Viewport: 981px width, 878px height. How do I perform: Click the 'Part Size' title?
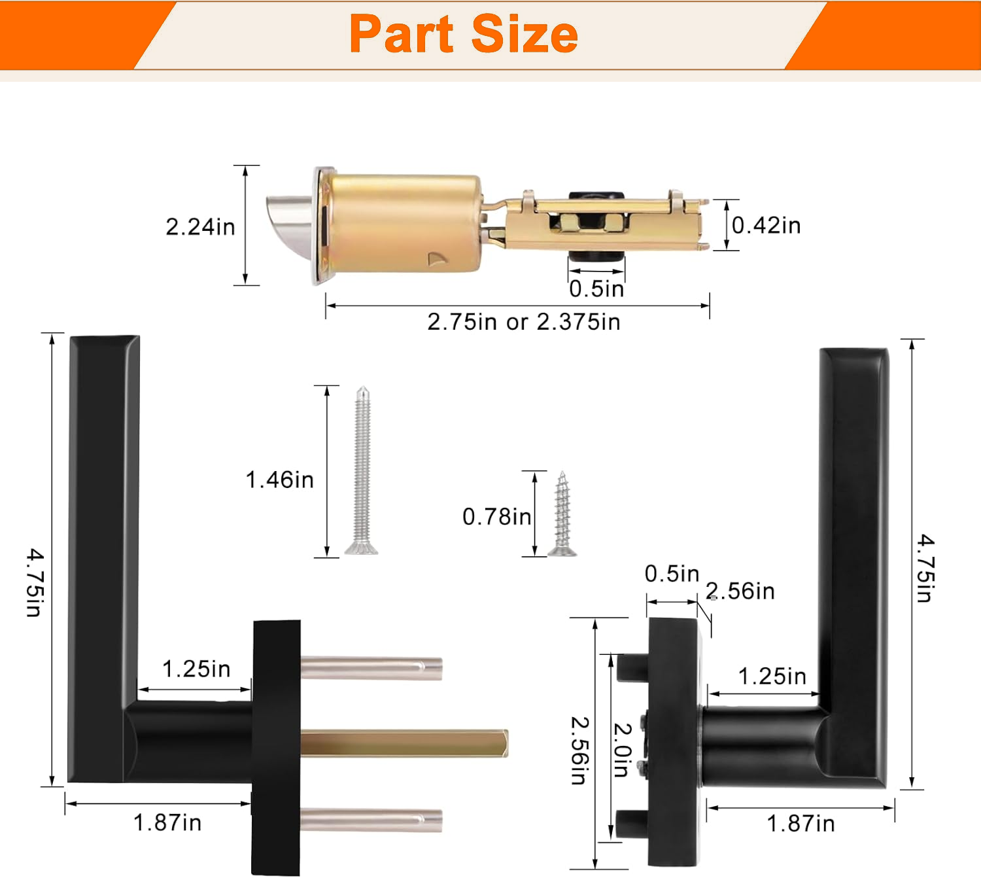pos(464,34)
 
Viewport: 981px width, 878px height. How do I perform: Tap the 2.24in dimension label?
pos(200,227)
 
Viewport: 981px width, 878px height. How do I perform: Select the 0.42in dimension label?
pos(766,225)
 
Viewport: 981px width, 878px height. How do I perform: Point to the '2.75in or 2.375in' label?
pos(523,322)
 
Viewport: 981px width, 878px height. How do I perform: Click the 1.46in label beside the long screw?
pos(279,480)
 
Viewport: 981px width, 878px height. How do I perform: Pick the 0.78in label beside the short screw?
pos(497,516)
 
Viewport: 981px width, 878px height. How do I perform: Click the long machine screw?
pos(362,470)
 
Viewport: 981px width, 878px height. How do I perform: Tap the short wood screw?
pos(562,514)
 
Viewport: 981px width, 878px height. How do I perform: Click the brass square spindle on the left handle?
pos(404,743)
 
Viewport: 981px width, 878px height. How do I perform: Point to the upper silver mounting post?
pos(371,668)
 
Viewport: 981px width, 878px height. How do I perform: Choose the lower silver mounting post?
pos(371,820)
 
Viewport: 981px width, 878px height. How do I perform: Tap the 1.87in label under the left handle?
pos(167,823)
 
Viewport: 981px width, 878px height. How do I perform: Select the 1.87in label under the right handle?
pos(801,824)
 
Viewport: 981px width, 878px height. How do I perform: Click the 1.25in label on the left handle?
pos(196,669)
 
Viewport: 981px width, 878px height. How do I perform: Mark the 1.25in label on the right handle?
pos(772,676)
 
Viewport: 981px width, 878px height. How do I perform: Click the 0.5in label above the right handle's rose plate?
pos(672,574)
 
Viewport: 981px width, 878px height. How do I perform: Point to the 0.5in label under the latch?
pos(596,289)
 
